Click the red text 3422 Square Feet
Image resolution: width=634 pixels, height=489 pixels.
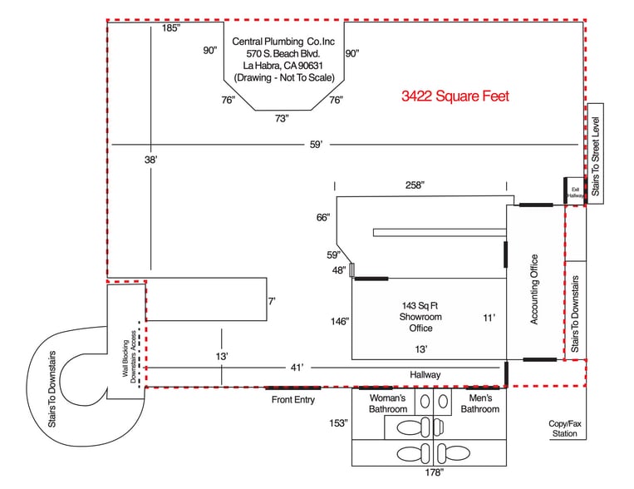(455, 96)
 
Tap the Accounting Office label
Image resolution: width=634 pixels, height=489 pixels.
(534, 289)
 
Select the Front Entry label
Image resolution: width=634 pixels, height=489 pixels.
(293, 400)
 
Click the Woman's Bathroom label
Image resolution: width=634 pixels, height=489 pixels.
(387, 403)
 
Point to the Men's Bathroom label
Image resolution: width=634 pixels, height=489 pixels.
(479, 403)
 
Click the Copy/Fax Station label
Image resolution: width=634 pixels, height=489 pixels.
(565, 428)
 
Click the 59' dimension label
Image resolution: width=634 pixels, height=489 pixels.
(316, 145)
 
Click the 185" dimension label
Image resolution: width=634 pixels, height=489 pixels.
(170, 28)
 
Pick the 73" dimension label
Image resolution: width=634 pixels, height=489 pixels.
(282, 118)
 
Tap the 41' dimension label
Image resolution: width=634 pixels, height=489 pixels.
(297, 367)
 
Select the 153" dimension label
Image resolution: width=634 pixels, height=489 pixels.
(337, 423)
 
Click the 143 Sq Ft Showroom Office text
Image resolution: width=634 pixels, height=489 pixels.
(420, 317)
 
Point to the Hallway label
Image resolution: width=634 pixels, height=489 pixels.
(425, 375)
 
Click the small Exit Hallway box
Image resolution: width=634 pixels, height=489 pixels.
(574, 191)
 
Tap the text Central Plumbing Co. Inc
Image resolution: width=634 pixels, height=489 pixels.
(284, 41)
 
